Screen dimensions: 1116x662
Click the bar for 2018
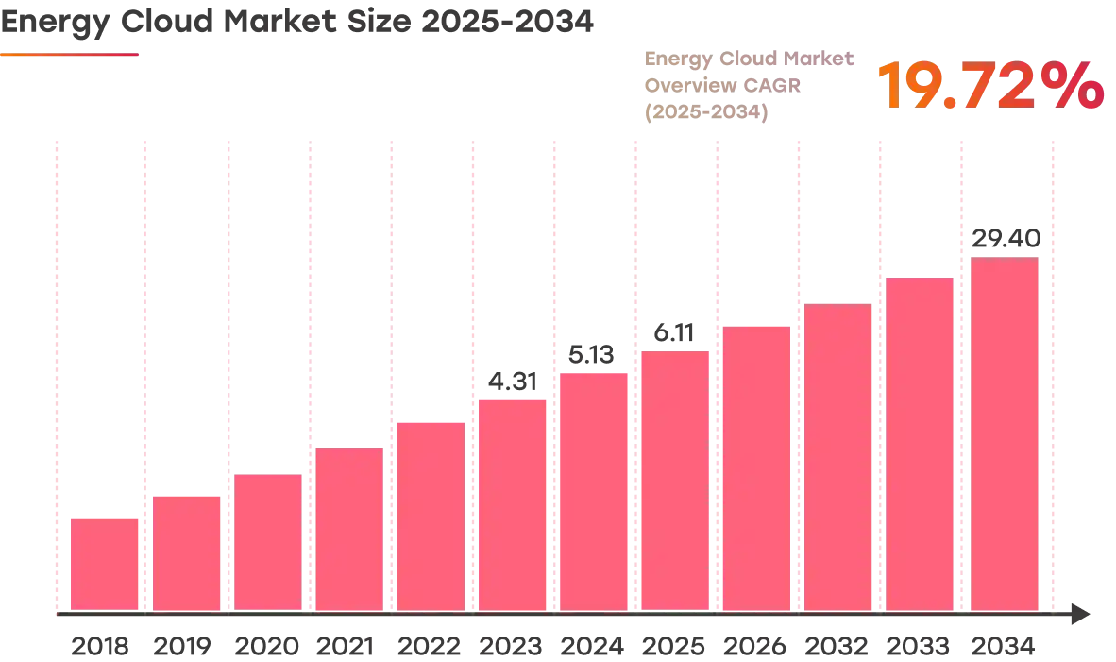[x=105, y=565]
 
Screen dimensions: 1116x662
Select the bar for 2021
[x=349, y=529]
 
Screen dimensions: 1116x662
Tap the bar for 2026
[x=756, y=468]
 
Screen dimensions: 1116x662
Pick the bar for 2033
[x=920, y=444]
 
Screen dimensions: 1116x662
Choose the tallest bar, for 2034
[x=1005, y=433]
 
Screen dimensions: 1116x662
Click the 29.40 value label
[x=1006, y=238]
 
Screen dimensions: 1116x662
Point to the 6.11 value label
[x=674, y=332]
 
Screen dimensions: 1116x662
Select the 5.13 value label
[x=591, y=354]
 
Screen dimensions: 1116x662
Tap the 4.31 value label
[x=513, y=382]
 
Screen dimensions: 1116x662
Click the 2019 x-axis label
[x=182, y=646]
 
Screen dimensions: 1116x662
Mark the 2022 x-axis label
[x=430, y=646]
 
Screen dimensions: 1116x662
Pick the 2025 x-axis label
[x=673, y=646]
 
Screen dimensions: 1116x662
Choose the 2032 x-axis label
[x=837, y=646]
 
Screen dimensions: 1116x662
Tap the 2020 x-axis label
[x=267, y=646]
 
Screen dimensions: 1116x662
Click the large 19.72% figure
[x=990, y=85]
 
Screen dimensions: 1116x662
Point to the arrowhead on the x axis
[x=1081, y=614]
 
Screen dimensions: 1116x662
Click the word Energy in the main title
[x=55, y=23]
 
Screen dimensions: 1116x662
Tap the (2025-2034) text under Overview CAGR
[x=706, y=111]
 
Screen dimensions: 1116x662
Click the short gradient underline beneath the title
[x=69, y=54]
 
